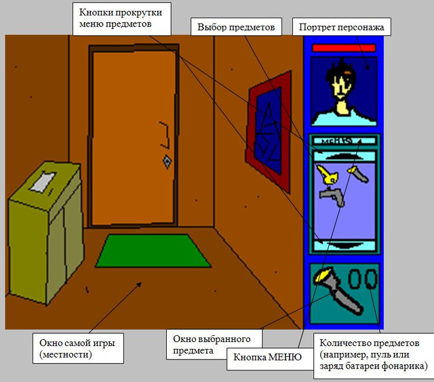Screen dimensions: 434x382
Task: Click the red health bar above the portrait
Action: click(344, 48)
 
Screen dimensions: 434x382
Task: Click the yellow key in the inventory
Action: click(328, 175)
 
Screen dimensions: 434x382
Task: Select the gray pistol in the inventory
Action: click(332, 196)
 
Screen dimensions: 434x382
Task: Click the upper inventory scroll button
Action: click(344, 156)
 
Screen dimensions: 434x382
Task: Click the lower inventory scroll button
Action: click(344, 245)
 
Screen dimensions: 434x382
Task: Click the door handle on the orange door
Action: click(165, 135)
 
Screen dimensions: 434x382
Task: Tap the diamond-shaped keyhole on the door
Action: click(167, 162)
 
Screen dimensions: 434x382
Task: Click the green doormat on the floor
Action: click(153, 251)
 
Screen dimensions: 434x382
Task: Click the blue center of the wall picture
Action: click(269, 131)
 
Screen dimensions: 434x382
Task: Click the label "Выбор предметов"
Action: click(236, 27)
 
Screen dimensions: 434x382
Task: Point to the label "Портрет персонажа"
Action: click(342, 27)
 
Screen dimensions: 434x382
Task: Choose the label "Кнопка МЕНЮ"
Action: click(267, 357)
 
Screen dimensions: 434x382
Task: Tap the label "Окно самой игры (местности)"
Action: click(77, 348)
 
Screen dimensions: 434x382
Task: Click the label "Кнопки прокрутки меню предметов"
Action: click(121, 18)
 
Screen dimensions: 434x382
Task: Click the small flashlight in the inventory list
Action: click(358, 175)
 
